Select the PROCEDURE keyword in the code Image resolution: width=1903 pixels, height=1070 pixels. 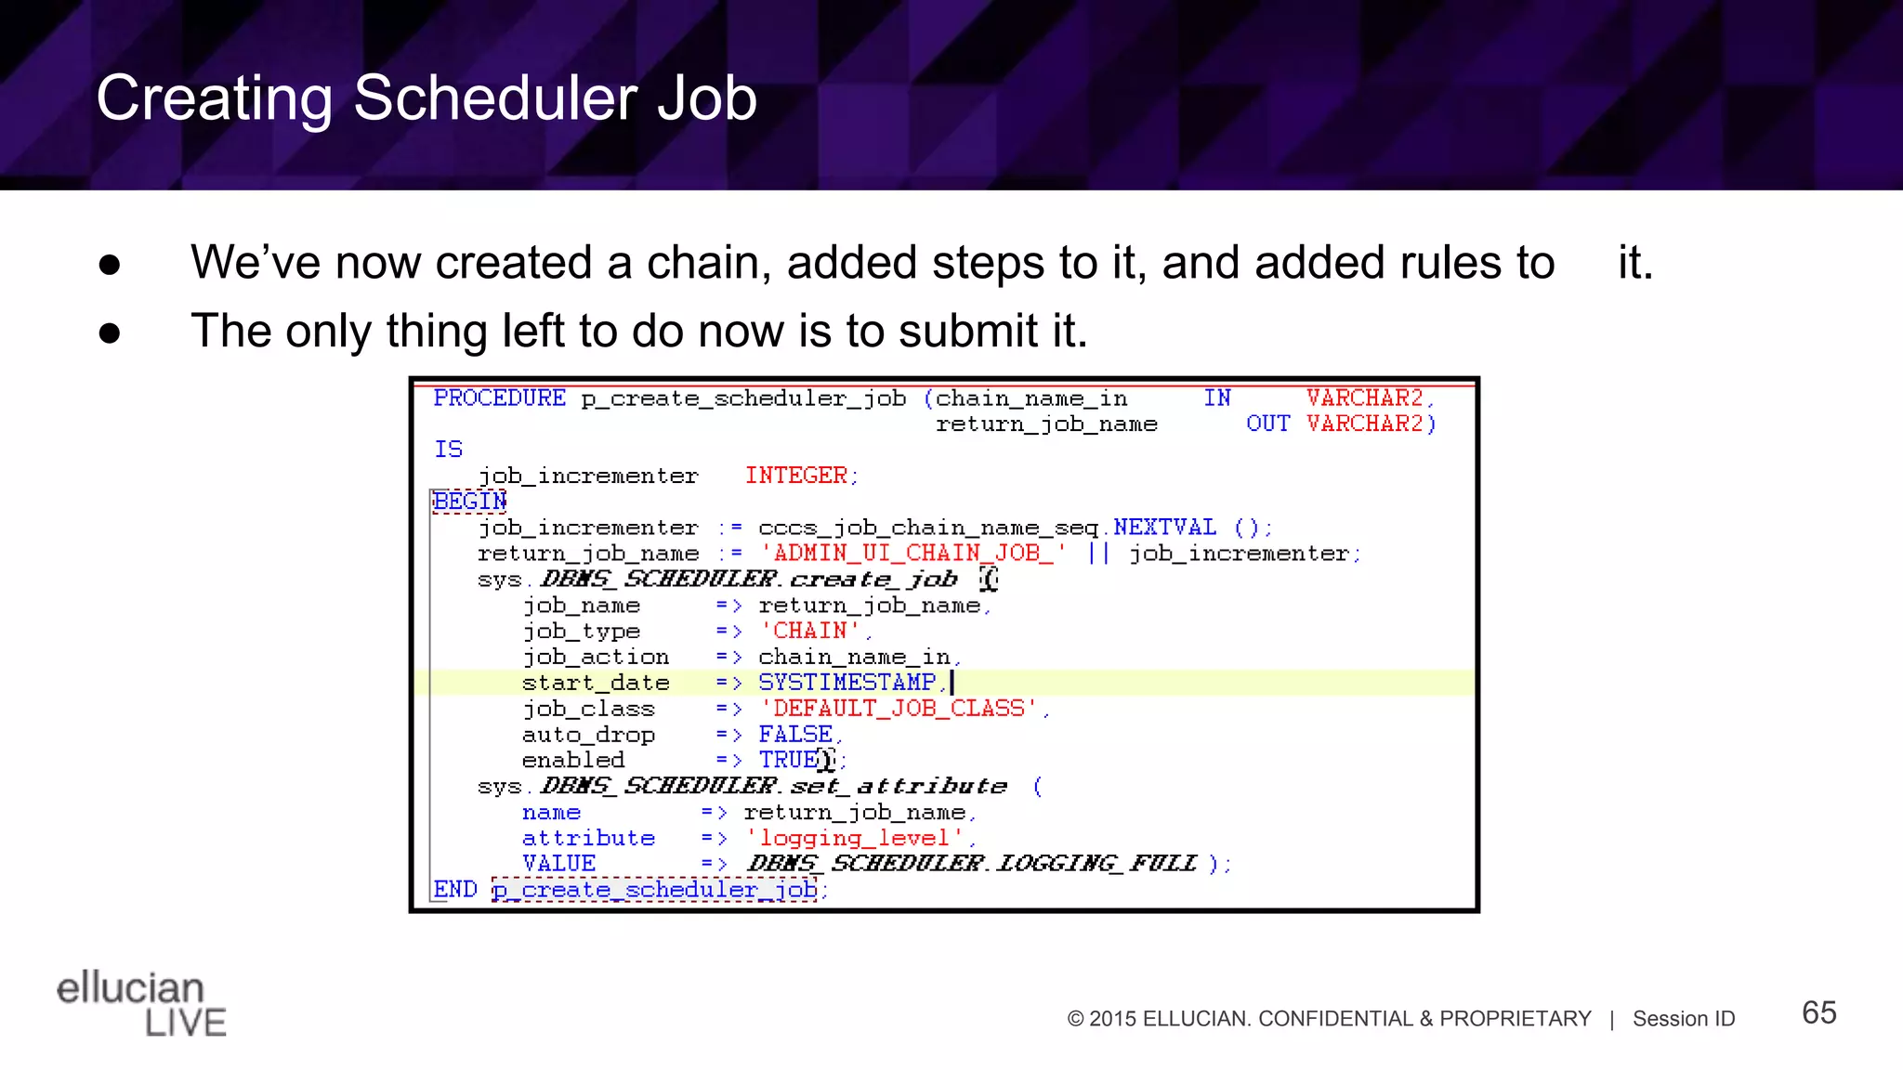[499, 398]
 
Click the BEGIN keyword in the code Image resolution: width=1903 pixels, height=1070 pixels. [469, 502]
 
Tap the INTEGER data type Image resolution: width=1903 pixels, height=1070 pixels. [796, 476]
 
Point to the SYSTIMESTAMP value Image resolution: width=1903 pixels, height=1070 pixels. [847, 683]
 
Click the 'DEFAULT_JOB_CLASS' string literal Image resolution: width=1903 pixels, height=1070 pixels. [899, 709]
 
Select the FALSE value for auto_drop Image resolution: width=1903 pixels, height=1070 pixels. [795, 735]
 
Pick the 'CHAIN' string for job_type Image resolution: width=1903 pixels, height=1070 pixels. [809, 632]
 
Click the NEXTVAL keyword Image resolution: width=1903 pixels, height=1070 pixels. [1164, 528]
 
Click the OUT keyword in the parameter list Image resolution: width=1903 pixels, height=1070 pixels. [1267, 424]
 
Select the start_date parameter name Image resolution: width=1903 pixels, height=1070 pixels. [596, 683]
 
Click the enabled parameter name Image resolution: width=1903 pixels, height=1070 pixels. [572, 761]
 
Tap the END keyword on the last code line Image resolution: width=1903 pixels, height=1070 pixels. [455, 890]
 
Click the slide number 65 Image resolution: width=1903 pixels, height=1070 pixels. [1818, 1012]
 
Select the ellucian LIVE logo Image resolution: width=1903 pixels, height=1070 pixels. [141, 1003]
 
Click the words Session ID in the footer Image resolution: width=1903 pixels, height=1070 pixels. [1684, 1019]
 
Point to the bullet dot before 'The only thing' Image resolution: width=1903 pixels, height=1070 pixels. [110, 333]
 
